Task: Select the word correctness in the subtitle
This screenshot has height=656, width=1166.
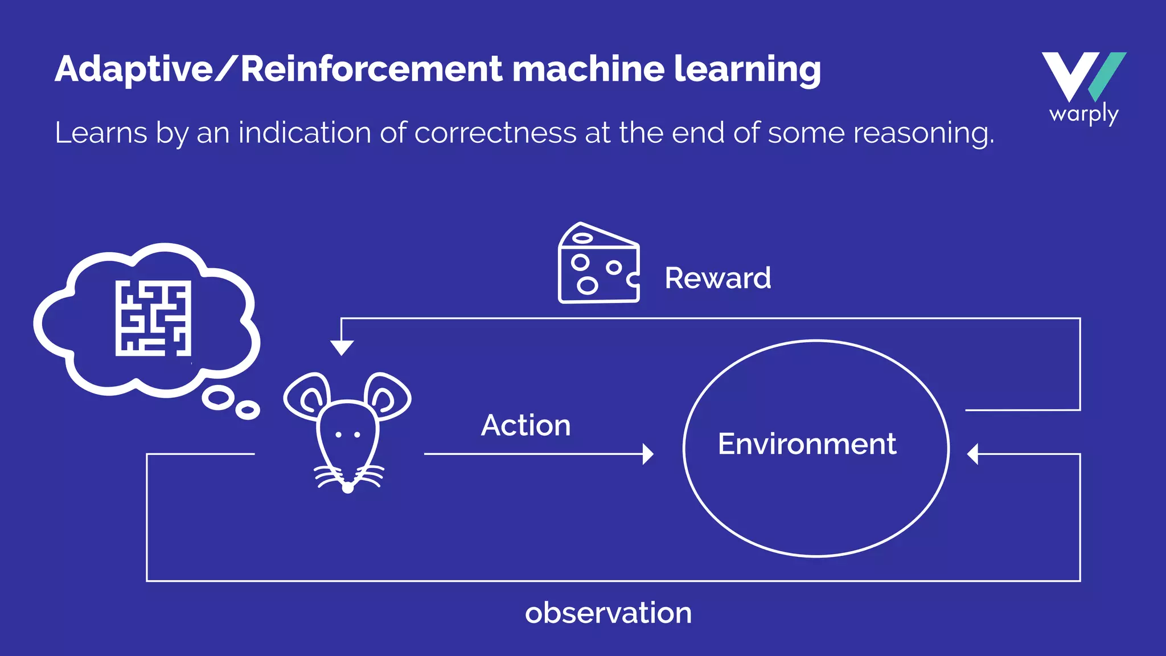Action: pyautogui.click(x=495, y=133)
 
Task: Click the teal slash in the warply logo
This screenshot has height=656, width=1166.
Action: pyautogui.click(x=1107, y=76)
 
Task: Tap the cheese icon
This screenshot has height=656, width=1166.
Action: pyautogui.click(x=598, y=264)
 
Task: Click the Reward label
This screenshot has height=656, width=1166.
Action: pyautogui.click(x=717, y=278)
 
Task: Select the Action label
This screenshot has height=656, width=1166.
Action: pyautogui.click(x=525, y=425)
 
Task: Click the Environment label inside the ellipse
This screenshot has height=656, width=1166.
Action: pyautogui.click(x=807, y=444)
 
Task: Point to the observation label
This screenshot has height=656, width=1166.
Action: pyautogui.click(x=608, y=613)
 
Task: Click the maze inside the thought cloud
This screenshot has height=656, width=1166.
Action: pyautogui.click(x=153, y=318)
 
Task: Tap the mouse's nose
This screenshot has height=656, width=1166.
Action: pyautogui.click(x=348, y=487)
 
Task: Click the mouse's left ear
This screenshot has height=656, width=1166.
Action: pyautogui.click(x=307, y=396)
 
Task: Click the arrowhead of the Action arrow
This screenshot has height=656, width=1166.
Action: pyautogui.click(x=648, y=454)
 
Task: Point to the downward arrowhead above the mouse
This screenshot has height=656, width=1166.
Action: pyautogui.click(x=342, y=347)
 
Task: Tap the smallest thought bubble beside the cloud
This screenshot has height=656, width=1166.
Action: pyautogui.click(x=248, y=410)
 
